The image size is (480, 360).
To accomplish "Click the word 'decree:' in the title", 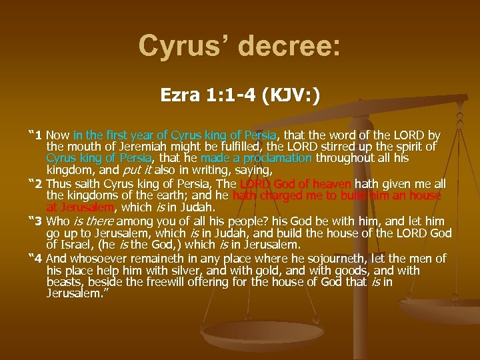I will [289, 46].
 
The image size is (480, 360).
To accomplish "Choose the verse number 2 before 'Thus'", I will [39, 183].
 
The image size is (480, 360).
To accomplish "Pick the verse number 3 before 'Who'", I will [39, 221].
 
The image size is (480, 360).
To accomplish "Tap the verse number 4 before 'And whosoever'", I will [39, 258].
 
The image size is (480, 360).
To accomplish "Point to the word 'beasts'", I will [65, 282].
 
